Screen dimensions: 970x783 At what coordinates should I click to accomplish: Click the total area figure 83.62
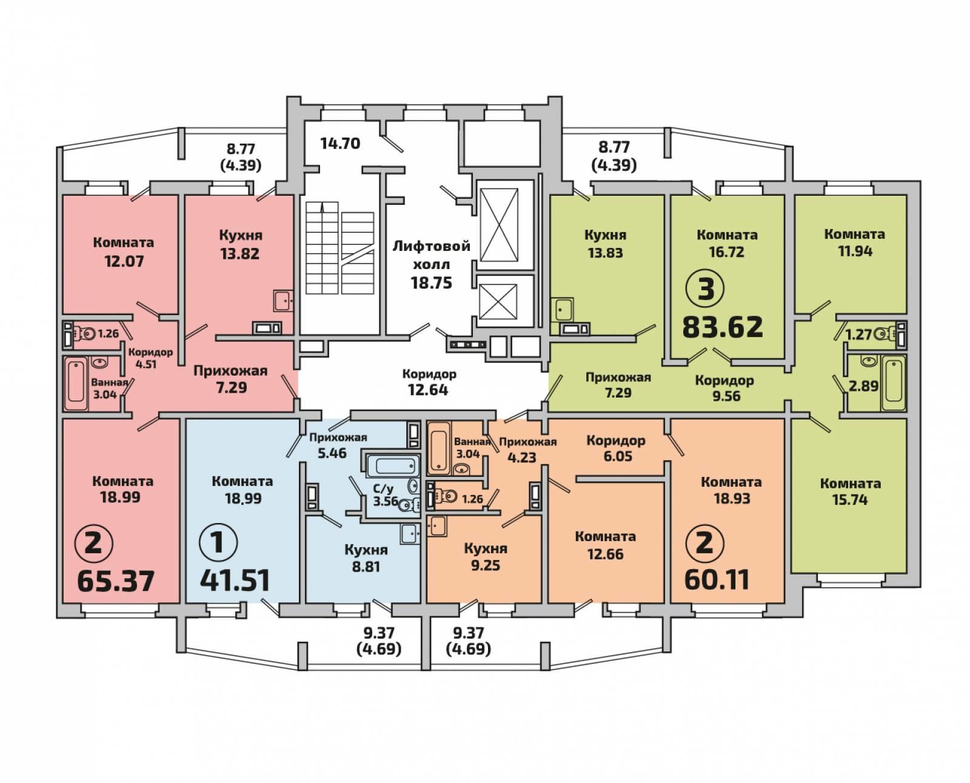(x=723, y=327)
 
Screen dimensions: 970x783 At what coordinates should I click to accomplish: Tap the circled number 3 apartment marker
(x=706, y=289)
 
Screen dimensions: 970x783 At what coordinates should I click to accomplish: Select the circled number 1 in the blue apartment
(x=218, y=542)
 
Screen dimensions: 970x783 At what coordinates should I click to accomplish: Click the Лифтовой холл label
(x=431, y=255)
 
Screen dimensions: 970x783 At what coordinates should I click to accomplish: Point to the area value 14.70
(x=340, y=144)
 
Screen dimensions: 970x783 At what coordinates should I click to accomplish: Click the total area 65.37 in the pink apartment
(x=116, y=581)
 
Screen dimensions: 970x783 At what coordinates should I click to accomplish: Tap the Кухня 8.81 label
(x=366, y=558)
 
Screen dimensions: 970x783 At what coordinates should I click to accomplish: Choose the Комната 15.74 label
(x=850, y=491)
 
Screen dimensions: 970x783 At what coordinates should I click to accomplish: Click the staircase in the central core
(x=340, y=248)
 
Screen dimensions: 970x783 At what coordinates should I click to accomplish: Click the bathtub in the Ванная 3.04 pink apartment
(x=76, y=384)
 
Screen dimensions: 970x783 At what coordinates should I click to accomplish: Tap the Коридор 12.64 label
(x=429, y=382)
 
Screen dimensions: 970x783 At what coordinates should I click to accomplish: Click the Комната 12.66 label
(x=605, y=545)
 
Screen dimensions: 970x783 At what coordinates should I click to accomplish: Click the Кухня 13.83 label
(x=605, y=244)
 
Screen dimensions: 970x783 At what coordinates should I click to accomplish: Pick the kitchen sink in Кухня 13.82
(x=284, y=301)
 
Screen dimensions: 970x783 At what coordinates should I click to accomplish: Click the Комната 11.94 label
(x=855, y=242)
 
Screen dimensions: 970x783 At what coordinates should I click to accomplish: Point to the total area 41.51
(x=235, y=581)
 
